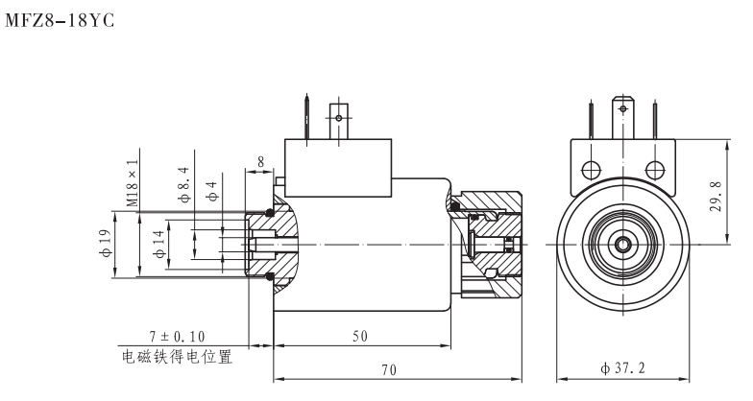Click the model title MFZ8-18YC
pos(60,18)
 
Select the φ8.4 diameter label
pos(184,183)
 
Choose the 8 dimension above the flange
pos(261,163)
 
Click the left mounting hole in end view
pos(590,171)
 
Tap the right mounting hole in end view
pos(655,171)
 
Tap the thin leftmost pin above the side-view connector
pos(306,118)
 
